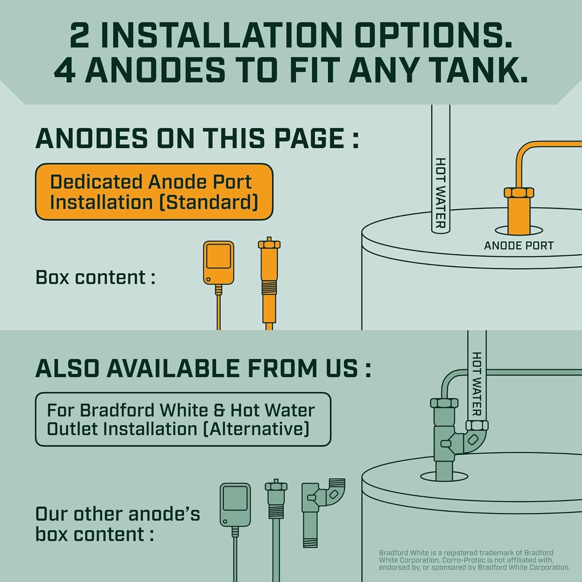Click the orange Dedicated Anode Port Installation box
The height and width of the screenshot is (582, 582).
(154, 192)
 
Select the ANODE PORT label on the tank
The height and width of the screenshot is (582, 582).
(518, 246)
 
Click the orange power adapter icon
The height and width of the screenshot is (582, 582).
(218, 263)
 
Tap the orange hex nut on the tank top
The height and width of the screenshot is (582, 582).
(519, 192)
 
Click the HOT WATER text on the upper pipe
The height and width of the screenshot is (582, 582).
(440, 193)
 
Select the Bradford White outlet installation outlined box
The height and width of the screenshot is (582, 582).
(183, 419)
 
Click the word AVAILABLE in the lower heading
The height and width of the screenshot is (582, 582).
(173, 368)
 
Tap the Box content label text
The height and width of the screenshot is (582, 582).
(95, 277)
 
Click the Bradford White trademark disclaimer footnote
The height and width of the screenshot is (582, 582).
(474, 560)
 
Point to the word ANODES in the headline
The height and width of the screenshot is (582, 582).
(155, 70)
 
